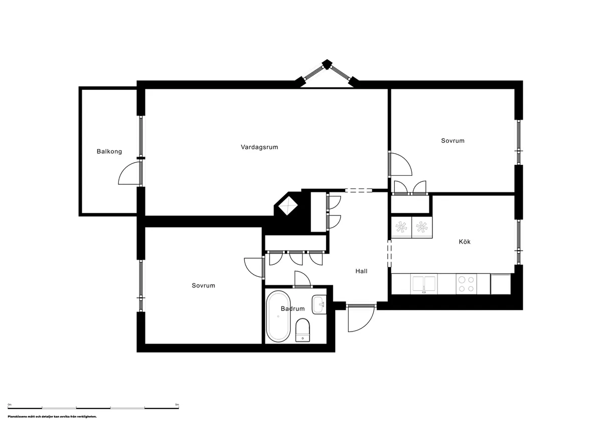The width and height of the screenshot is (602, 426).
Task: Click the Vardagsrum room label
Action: coord(259,147)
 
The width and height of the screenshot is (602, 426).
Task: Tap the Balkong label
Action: coord(109,151)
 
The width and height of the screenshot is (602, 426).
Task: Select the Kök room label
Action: coord(465,242)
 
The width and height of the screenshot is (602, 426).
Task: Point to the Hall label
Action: coord(361,271)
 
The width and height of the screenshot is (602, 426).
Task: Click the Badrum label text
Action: coord(292,308)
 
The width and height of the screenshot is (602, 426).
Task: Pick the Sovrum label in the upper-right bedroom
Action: coord(453,141)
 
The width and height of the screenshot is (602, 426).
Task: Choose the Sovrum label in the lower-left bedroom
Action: coord(203,285)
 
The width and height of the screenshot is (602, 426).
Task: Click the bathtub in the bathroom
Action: coord(277,315)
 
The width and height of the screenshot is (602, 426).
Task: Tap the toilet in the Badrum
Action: coord(303,331)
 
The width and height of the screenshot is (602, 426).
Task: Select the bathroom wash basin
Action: coord(319,304)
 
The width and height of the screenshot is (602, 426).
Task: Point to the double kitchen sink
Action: coord(424,284)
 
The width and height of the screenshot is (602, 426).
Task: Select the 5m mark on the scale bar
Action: coord(177,404)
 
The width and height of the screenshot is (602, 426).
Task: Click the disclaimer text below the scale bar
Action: coord(52,416)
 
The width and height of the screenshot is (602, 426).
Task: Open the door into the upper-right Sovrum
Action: coord(400,165)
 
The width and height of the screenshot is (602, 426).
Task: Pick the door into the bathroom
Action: coord(303,279)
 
